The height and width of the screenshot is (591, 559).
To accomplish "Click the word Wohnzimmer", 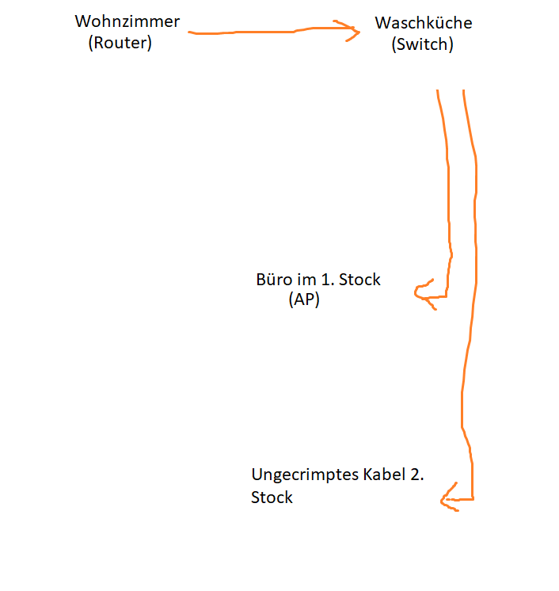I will pos(127,21).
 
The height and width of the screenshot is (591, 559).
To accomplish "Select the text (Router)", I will pos(120,43).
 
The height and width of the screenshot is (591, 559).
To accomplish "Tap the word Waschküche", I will pos(424,23).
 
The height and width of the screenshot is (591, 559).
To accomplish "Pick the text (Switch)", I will pos(423,44).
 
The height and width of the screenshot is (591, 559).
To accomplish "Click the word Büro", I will pos(273,280).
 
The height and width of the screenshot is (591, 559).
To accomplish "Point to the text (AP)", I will pos(304,300).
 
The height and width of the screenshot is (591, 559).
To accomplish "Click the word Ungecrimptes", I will pos(306,475).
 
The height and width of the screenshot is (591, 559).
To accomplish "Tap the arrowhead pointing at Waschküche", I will pos(354,32).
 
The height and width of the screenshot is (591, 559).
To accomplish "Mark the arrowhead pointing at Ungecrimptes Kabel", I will pos(443,499).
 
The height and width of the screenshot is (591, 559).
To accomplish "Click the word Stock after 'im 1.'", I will pos(360,280).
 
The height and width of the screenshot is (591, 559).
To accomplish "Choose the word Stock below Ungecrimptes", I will pos(272,498).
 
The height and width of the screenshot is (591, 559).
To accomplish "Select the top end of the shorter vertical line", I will pos(437,90).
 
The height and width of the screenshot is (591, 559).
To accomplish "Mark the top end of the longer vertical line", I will pos(463,90).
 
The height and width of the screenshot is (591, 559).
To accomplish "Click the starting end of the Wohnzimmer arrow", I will pos(190,32).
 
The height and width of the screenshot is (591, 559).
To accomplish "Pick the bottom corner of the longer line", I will pos(473,499).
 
